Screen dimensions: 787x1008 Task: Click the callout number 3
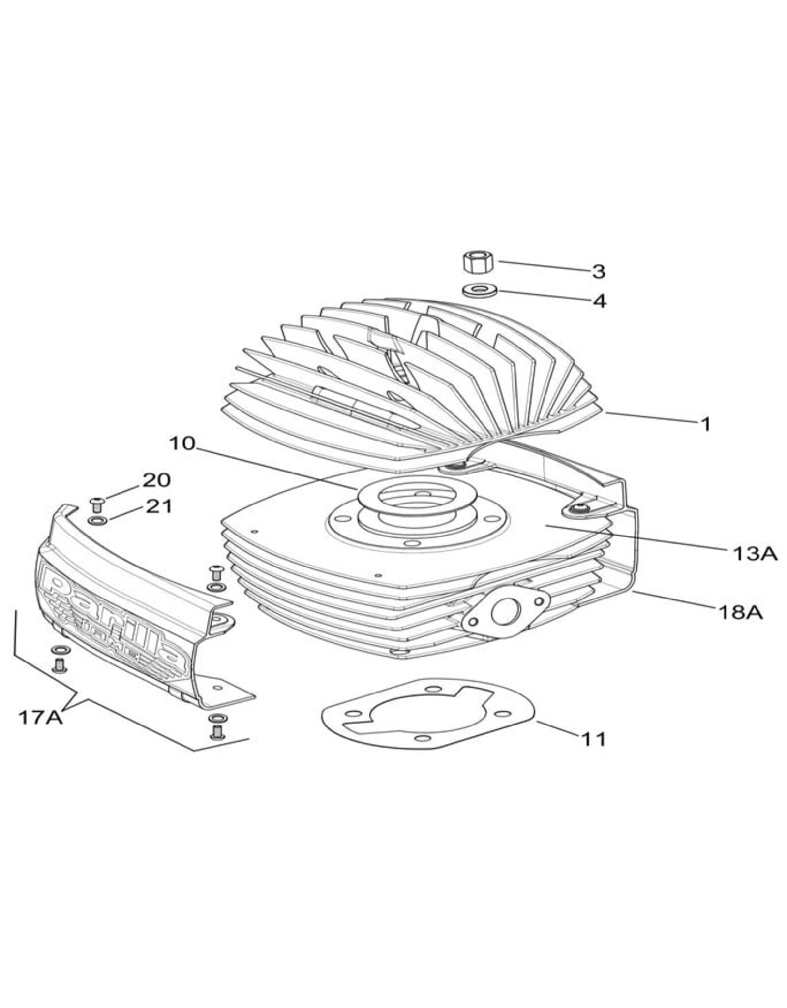pos(598,271)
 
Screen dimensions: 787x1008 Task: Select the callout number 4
pos(599,301)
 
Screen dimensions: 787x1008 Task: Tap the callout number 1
pos(705,424)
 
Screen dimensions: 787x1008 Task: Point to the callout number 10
pos(182,443)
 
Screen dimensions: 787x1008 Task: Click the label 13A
pos(755,554)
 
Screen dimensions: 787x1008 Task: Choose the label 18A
pos(740,612)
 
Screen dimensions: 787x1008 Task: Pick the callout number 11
pos(593,739)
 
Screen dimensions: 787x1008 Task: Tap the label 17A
pos(40,717)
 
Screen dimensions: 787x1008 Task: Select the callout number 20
pos(156,480)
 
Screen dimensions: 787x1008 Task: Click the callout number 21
pos(159,506)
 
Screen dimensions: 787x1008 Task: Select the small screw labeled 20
pos(97,503)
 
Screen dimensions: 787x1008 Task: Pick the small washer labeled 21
pos(97,520)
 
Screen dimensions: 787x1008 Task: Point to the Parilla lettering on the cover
pos(113,620)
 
